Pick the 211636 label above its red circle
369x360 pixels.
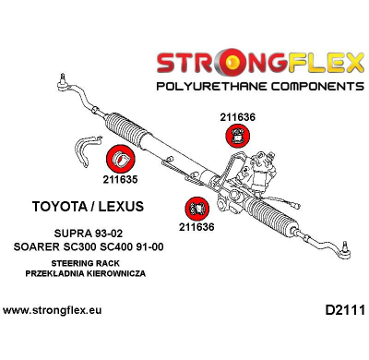coord(238,117)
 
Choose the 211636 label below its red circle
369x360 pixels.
coord(196,227)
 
